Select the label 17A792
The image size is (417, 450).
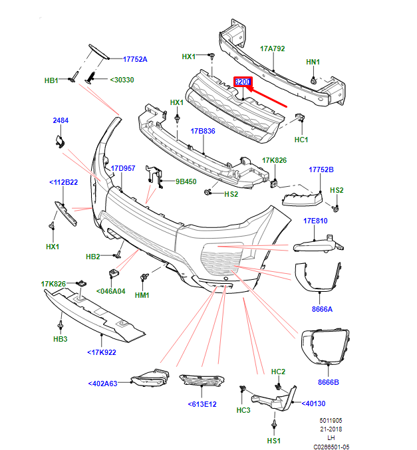pos(272,49)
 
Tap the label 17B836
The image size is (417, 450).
pos(203,131)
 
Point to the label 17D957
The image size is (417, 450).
pos(123,168)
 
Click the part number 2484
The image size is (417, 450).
pos(61,120)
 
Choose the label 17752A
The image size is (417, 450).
pos(135,59)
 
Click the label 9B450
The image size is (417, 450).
pos(186,181)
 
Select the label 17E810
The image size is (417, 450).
pos(316,221)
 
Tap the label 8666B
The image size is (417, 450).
pos(328,382)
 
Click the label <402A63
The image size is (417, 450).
pos(102,384)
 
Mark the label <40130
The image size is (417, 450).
pos(313,403)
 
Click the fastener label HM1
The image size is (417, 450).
pos(142,295)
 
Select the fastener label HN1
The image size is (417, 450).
pos(313,62)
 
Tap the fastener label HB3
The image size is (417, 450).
pos(61,339)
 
